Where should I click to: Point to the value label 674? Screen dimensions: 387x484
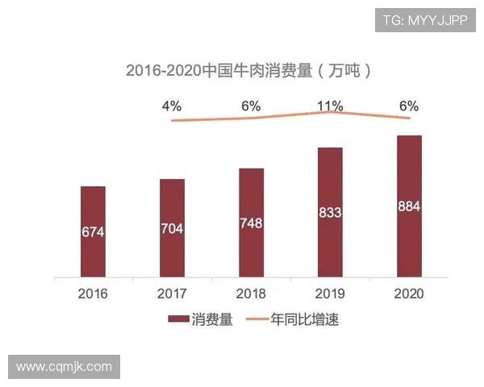(93, 232)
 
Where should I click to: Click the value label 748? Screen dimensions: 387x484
(251, 223)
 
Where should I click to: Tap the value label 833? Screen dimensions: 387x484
(330, 213)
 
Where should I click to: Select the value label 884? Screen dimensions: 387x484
(409, 206)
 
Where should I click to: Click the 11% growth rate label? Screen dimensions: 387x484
(330, 106)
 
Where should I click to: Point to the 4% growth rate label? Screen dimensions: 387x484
(172, 106)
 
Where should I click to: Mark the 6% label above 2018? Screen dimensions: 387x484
(251, 106)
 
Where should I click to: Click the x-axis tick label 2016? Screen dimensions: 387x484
(93, 293)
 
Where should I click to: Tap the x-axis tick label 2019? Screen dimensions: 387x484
(330, 293)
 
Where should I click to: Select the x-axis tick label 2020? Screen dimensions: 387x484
(409, 293)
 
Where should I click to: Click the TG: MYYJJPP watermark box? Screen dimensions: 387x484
(424, 20)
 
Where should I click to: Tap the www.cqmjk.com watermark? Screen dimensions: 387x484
(65, 367)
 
